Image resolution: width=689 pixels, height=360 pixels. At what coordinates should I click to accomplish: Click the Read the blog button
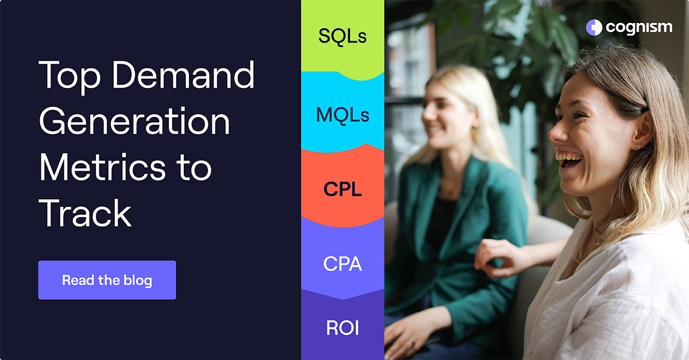[x=107, y=280]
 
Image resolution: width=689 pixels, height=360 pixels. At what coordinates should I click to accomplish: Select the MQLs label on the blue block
[x=342, y=115]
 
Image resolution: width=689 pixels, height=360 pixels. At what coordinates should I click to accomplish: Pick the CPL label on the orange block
[x=342, y=189]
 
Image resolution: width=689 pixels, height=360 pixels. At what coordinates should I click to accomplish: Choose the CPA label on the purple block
[x=342, y=264]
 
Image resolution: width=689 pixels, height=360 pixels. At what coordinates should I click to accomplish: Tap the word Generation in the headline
[x=134, y=121]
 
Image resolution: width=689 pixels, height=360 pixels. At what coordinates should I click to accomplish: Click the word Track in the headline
[x=85, y=213]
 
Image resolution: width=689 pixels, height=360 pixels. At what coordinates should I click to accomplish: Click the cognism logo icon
[x=594, y=27]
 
